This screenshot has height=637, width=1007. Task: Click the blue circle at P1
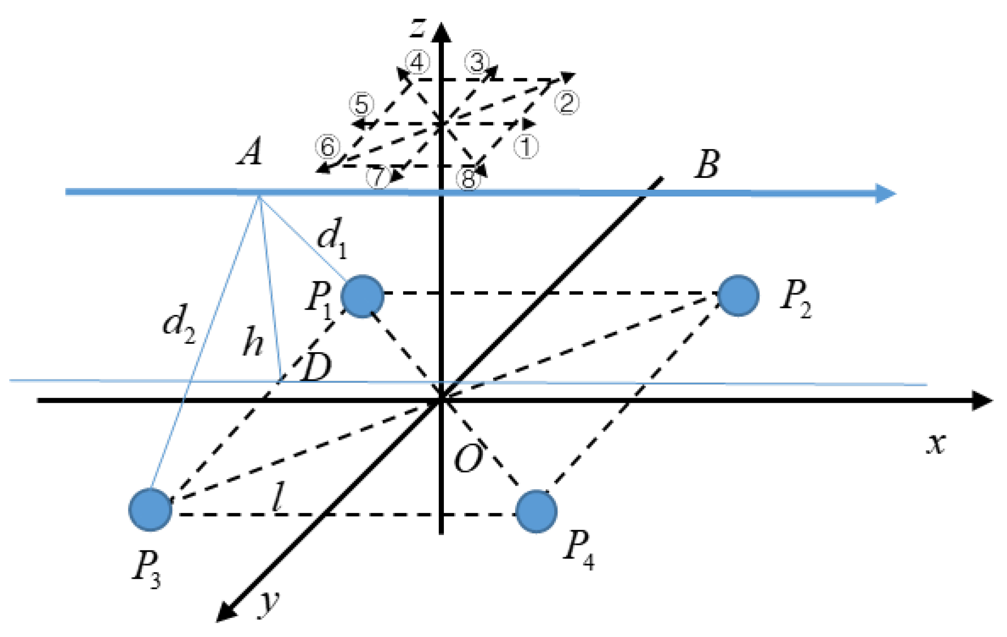[x=362, y=296]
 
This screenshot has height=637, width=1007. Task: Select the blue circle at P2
[x=738, y=295]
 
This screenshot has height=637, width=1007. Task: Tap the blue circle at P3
[x=150, y=510]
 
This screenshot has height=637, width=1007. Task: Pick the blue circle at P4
[x=536, y=511]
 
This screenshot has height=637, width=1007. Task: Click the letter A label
[x=250, y=152]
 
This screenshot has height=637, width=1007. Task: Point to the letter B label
[x=707, y=164]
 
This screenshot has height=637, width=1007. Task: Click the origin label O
[x=468, y=459]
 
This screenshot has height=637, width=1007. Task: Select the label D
[x=316, y=367]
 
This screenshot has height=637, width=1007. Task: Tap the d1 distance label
[x=332, y=238]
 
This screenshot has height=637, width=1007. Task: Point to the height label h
[x=253, y=341]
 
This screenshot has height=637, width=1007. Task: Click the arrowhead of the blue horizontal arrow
[x=885, y=194]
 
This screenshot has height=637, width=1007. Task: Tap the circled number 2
[x=567, y=102]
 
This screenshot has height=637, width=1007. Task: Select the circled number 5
[x=361, y=104]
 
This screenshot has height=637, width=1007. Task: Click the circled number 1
[x=526, y=147]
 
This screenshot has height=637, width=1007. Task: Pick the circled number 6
[x=327, y=147]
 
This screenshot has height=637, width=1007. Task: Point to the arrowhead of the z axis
[x=442, y=32]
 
